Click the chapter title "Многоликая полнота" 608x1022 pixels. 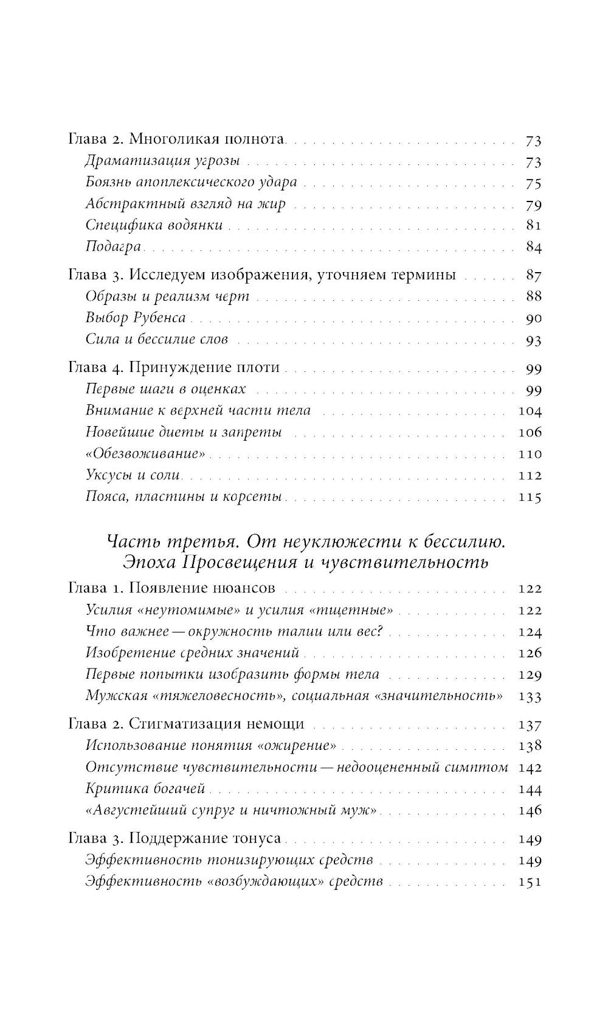point(207,139)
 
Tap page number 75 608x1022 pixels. point(533,183)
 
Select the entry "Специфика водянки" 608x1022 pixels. point(154,225)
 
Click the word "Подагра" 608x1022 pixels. point(113,247)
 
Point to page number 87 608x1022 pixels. point(533,275)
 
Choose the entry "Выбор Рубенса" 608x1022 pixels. point(136,318)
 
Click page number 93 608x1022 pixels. point(533,340)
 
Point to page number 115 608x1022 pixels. point(530,497)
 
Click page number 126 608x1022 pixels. point(529,653)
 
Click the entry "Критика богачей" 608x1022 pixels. point(145,789)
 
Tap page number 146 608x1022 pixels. point(529,811)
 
